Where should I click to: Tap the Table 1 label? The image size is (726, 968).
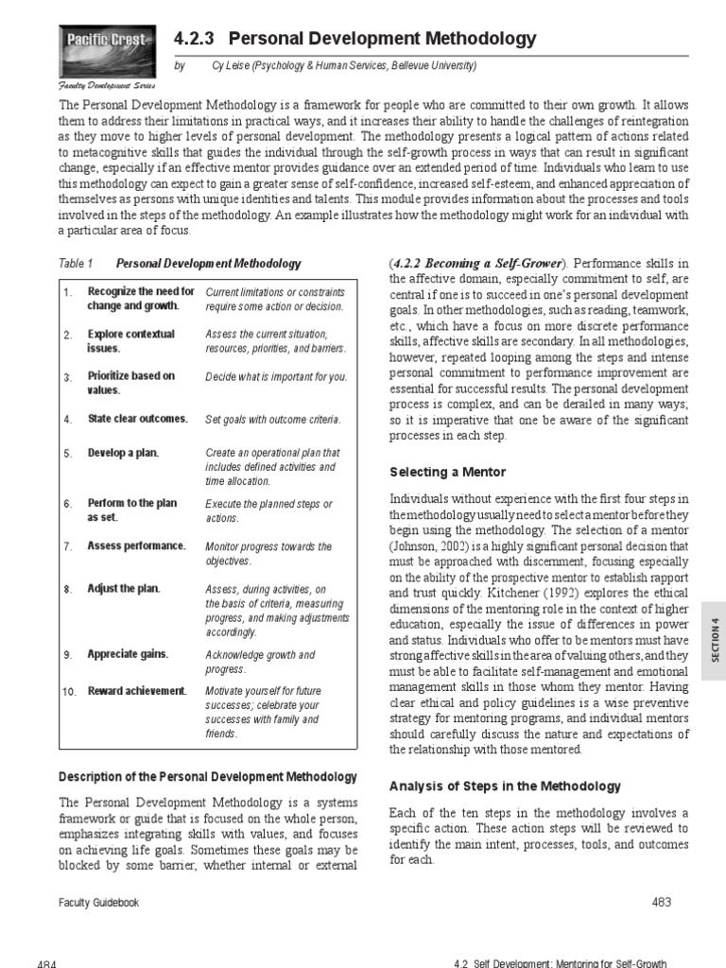(x=76, y=264)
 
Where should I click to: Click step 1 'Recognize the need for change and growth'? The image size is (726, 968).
(x=141, y=299)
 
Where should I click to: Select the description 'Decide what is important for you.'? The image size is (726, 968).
(x=276, y=377)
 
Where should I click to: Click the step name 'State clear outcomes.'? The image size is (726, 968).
(x=138, y=419)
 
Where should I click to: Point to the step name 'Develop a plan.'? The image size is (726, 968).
(x=123, y=453)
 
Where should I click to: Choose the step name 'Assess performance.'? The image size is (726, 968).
(x=137, y=546)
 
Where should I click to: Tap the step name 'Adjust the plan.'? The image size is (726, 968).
(x=124, y=589)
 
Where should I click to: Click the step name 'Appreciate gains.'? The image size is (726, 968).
(x=129, y=654)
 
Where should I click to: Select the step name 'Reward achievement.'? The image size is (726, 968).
(x=137, y=691)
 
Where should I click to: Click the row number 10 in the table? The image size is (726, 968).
(x=69, y=692)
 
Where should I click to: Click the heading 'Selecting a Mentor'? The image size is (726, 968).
(x=448, y=472)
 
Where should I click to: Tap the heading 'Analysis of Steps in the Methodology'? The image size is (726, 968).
(x=505, y=786)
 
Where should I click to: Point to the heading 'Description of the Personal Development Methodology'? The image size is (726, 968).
(x=208, y=777)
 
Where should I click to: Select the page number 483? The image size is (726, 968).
(x=662, y=902)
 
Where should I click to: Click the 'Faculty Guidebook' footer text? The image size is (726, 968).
(x=99, y=903)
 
